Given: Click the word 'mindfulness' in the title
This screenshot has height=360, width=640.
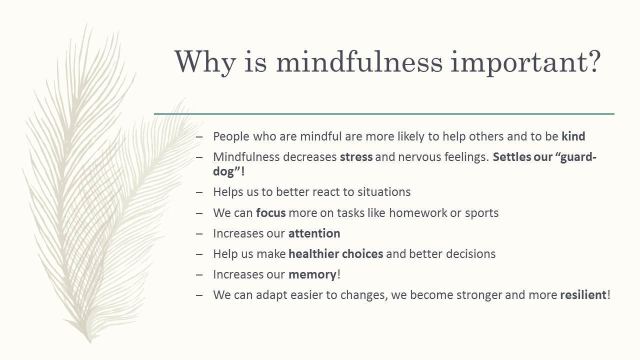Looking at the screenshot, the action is [359, 61].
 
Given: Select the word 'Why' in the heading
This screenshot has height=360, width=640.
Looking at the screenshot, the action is [205, 63].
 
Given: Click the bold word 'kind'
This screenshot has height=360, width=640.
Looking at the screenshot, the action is [573, 136].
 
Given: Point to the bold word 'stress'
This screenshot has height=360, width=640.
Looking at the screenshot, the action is [356, 157].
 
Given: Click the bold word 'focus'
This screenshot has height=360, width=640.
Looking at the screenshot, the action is [271, 213].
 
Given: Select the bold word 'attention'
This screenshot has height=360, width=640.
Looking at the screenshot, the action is [314, 233].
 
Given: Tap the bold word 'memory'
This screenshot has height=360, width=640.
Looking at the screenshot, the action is [312, 275].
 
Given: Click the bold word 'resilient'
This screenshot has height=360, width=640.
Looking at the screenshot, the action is [583, 295].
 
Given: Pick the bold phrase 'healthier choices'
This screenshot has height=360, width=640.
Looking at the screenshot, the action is [336, 253].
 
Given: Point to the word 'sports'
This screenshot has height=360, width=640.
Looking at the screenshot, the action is [481, 213].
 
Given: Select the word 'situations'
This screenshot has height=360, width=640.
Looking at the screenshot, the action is [384, 192].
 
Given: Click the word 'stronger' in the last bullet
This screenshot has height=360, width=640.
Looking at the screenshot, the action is [479, 295].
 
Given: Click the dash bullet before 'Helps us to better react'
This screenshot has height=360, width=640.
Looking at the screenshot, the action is [199, 192].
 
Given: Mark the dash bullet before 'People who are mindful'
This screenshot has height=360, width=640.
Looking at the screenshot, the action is [199, 137].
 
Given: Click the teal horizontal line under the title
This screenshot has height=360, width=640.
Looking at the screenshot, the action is [384, 114].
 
